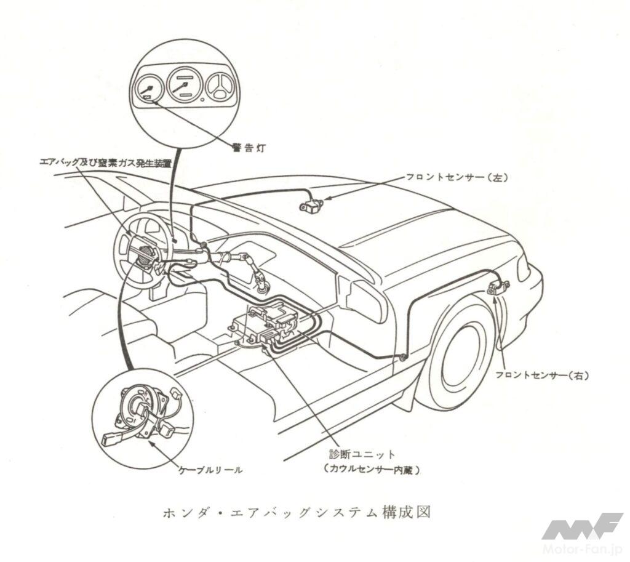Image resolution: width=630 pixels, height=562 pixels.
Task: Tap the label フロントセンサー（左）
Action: [x=456, y=177]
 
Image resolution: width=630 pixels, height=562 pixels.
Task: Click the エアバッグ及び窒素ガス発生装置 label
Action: [x=105, y=163]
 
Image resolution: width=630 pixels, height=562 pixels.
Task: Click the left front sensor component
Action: [x=311, y=204]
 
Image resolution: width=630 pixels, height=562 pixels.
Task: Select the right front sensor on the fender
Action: [x=498, y=287]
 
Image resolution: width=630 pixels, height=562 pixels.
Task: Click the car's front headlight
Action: [x=524, y=268]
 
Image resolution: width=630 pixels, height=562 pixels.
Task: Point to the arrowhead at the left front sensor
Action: [x=326, y=198]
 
